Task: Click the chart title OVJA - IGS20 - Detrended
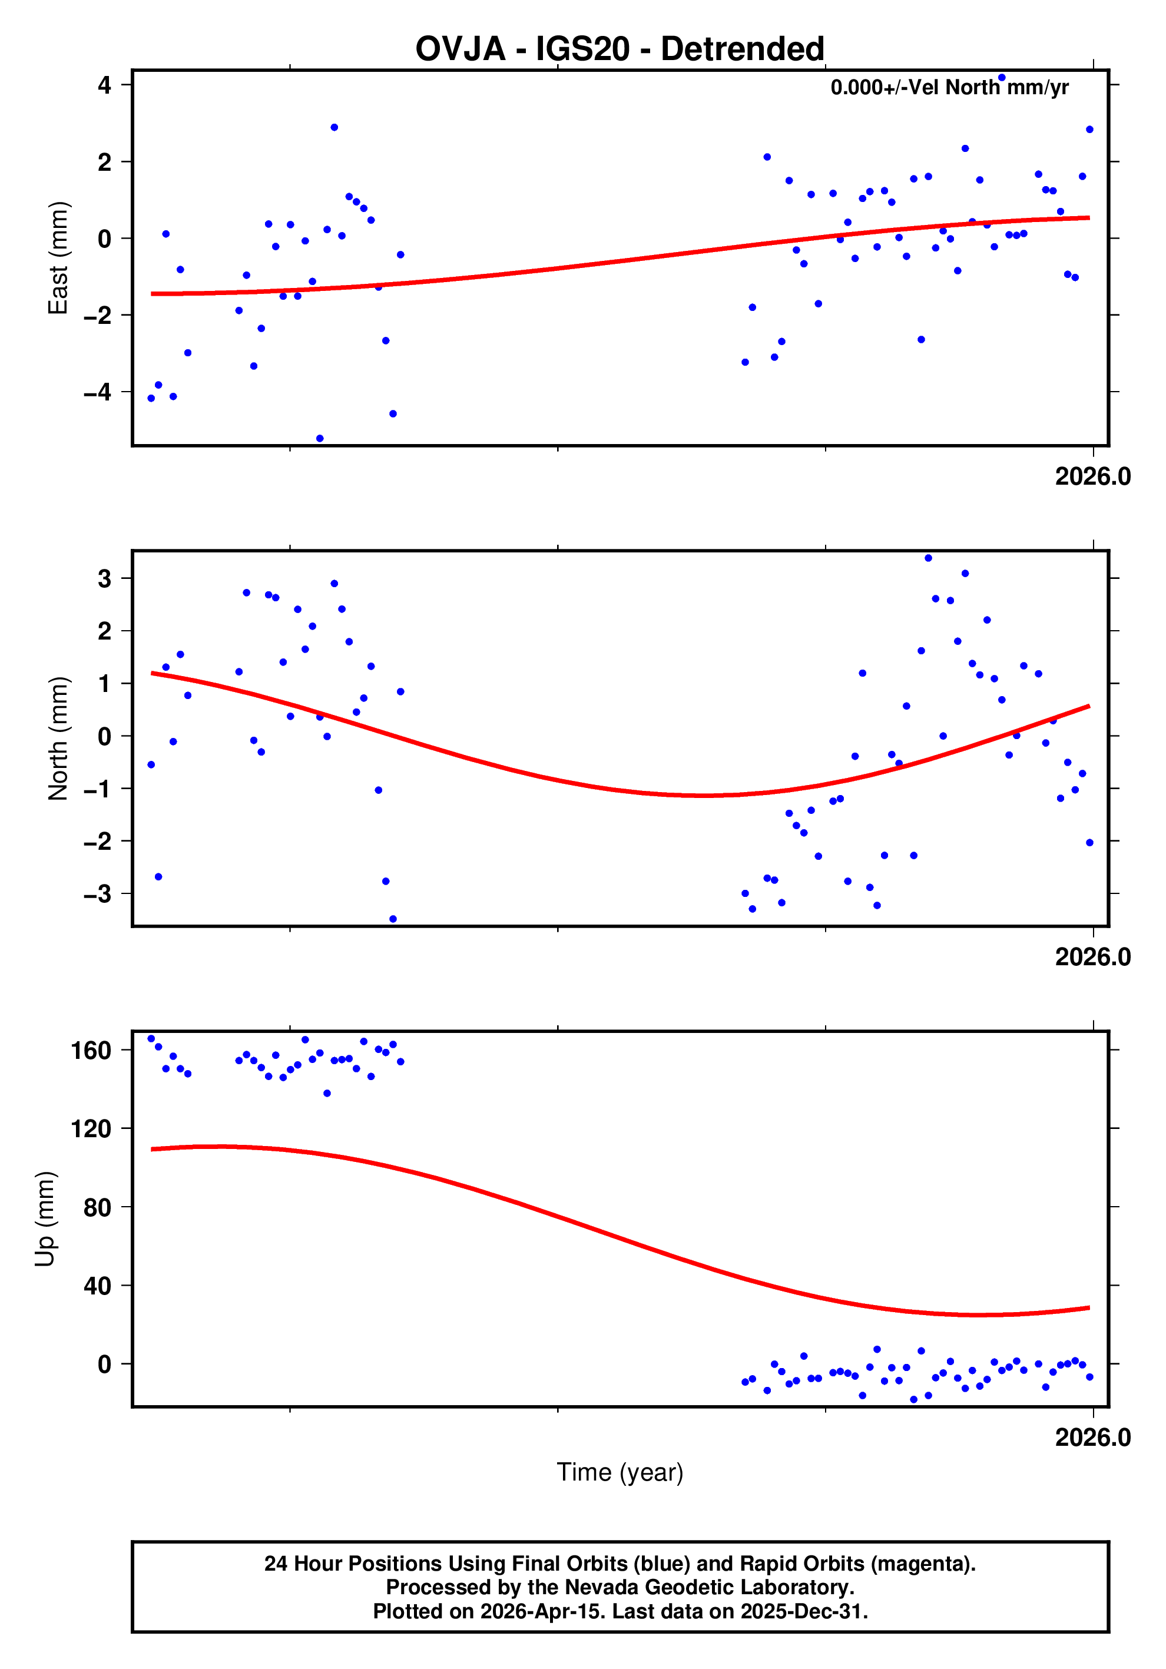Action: pos(620,49)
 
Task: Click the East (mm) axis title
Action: pos(58,258)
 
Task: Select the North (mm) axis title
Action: pos(58,739)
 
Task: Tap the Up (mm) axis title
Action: pos(45,1219)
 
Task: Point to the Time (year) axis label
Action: pos(620,1472)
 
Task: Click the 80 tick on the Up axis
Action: pos(97,1207)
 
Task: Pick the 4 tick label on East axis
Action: pos(104,85)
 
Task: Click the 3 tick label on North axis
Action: pos(104,579)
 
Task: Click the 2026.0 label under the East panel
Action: pos(1092,477)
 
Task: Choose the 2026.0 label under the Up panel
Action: pos(1092,1438)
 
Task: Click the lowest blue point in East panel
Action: pos(320,438)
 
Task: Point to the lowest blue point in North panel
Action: pos(393,919)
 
